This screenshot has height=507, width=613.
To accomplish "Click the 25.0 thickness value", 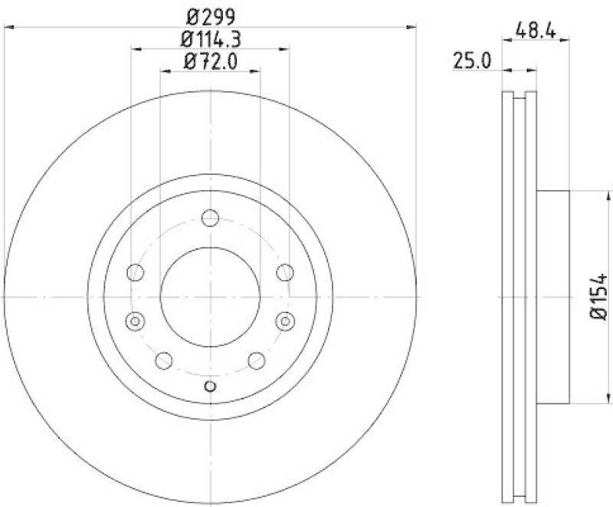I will [x=471, y=61].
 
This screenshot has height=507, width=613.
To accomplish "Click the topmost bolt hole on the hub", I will [x=210, y=219].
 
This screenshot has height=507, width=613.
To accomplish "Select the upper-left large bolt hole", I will [x=136, y=271].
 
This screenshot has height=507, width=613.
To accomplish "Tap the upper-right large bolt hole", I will [x=285, y=271].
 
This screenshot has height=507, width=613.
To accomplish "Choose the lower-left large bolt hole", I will [x=164, y=359].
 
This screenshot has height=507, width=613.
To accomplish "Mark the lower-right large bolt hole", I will [x=257, y=359].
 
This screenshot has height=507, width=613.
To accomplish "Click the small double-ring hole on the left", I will [x=136, y=321].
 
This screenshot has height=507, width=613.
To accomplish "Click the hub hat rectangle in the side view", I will [x=552, y=297].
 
